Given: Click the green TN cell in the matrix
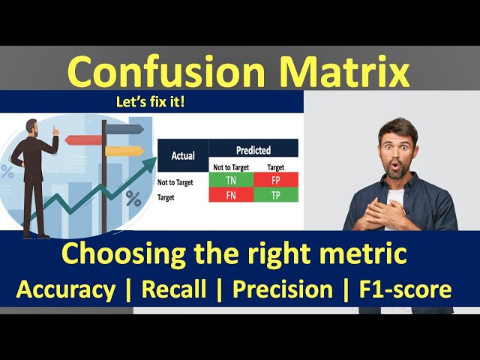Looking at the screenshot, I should point(231,180).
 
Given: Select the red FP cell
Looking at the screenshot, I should point(275,180).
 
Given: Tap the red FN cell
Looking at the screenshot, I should point(231,195).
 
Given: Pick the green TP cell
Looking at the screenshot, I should point(275,195).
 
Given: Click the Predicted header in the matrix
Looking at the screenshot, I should point(253,150).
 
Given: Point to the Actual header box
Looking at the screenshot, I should point(183,156).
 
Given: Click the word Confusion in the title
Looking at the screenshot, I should point(166,73).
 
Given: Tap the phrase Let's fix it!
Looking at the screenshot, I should point(152,101).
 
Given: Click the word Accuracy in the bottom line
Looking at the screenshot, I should point(66,289).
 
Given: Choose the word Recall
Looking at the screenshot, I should point(174,289).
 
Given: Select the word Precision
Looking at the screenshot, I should point(283,289).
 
